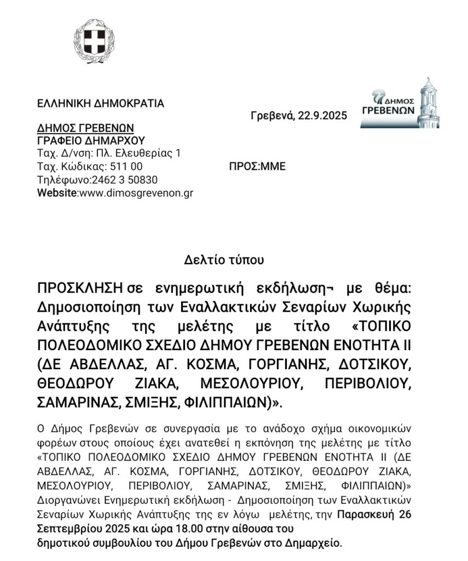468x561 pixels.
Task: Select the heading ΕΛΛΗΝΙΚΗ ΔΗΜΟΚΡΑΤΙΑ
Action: [x=100, y=103]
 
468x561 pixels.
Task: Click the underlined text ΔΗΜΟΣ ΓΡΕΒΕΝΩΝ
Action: [x=85, y=128]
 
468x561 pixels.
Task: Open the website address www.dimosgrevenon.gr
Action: [x=136, y=193]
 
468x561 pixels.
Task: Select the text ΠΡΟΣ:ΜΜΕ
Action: [x=257, y=167]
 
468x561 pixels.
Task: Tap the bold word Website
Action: [x=57, y=193]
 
